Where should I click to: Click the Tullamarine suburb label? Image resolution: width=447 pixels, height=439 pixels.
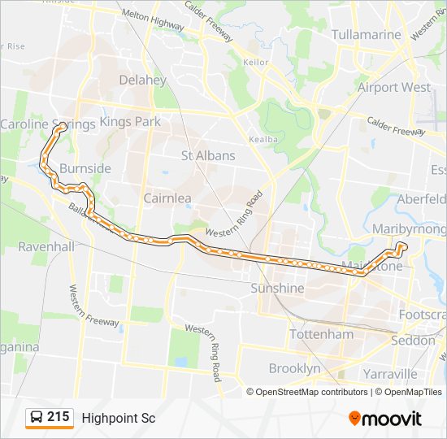367,35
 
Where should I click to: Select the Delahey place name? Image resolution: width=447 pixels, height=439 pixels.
142,80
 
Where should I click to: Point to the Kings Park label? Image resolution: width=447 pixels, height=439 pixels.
130,121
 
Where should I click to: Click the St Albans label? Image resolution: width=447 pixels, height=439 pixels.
208,155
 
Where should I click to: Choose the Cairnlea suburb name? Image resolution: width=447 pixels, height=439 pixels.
167,198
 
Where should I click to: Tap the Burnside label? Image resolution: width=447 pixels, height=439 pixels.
85,168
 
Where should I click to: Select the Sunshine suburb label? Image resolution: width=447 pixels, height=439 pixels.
277,288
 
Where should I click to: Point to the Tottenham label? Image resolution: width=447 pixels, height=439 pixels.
323,334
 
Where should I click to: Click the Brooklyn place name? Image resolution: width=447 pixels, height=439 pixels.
294,368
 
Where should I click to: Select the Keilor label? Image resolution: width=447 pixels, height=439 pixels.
255,61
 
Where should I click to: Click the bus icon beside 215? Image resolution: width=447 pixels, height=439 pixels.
37,418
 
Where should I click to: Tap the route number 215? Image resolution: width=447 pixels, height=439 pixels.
59,417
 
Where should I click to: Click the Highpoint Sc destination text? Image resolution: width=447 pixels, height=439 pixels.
119,418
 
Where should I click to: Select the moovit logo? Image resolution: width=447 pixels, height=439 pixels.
385,418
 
